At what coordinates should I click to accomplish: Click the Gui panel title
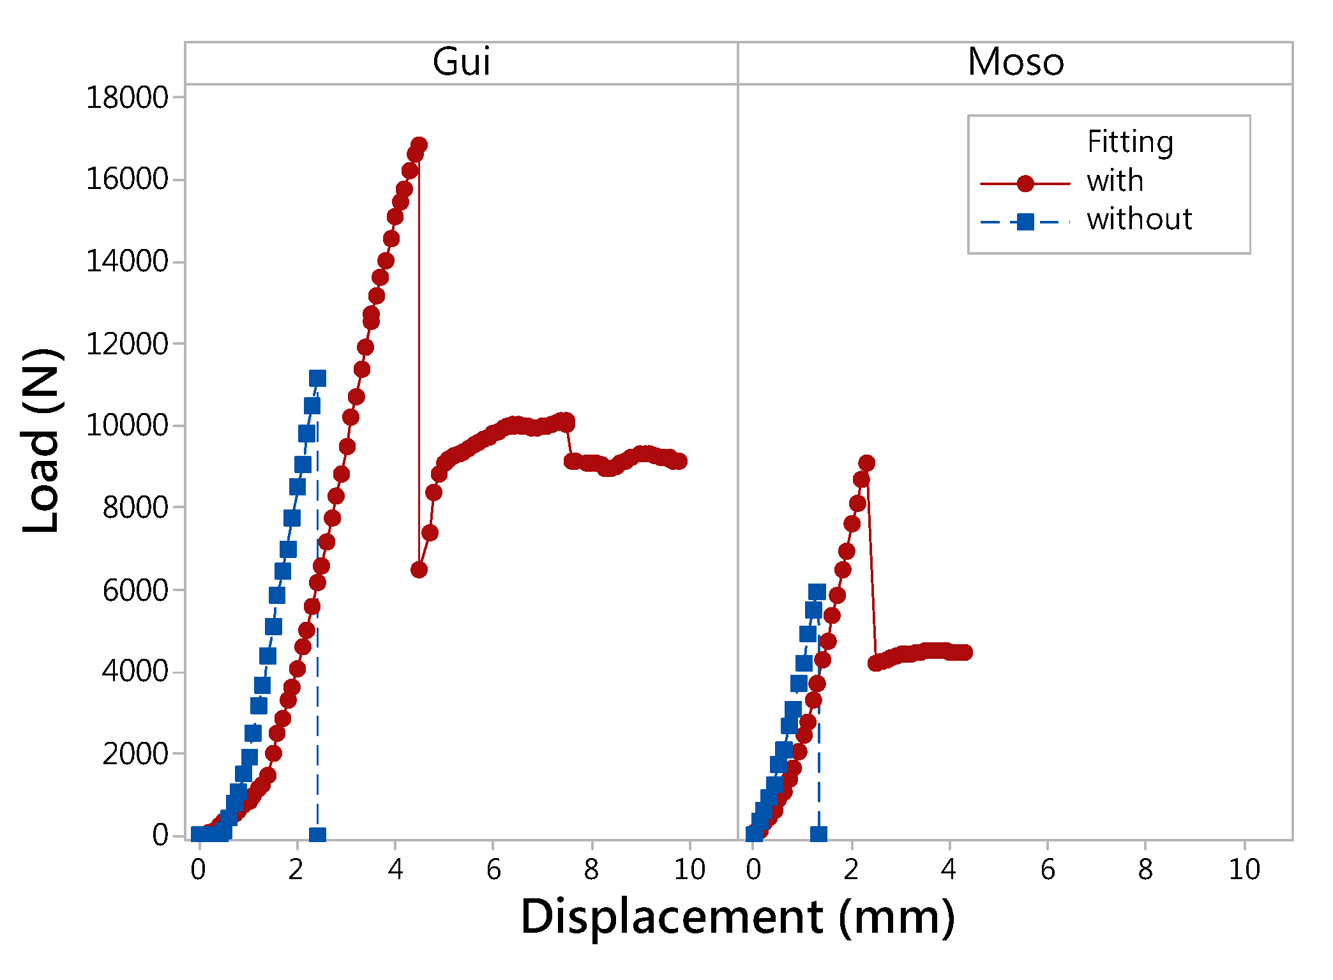461,62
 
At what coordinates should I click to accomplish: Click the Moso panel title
1015,62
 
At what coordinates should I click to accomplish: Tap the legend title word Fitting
1129,142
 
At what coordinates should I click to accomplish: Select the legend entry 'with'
1115,181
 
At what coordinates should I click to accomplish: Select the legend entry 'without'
1139,220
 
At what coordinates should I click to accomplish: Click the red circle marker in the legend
1025,184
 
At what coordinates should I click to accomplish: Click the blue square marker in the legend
1025,222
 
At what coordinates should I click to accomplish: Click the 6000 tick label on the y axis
135,590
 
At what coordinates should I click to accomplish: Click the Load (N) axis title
42,441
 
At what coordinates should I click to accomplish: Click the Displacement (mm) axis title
737,917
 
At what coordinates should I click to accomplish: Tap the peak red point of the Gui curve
419,145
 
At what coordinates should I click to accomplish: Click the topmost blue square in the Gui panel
317,379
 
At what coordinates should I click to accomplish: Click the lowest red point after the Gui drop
419,569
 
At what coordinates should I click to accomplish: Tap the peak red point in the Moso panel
866,463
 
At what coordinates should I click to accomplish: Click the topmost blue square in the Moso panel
817,592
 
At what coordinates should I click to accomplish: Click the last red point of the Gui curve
679,461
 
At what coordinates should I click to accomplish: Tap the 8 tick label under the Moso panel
1146,870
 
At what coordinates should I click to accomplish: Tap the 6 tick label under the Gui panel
493,870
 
